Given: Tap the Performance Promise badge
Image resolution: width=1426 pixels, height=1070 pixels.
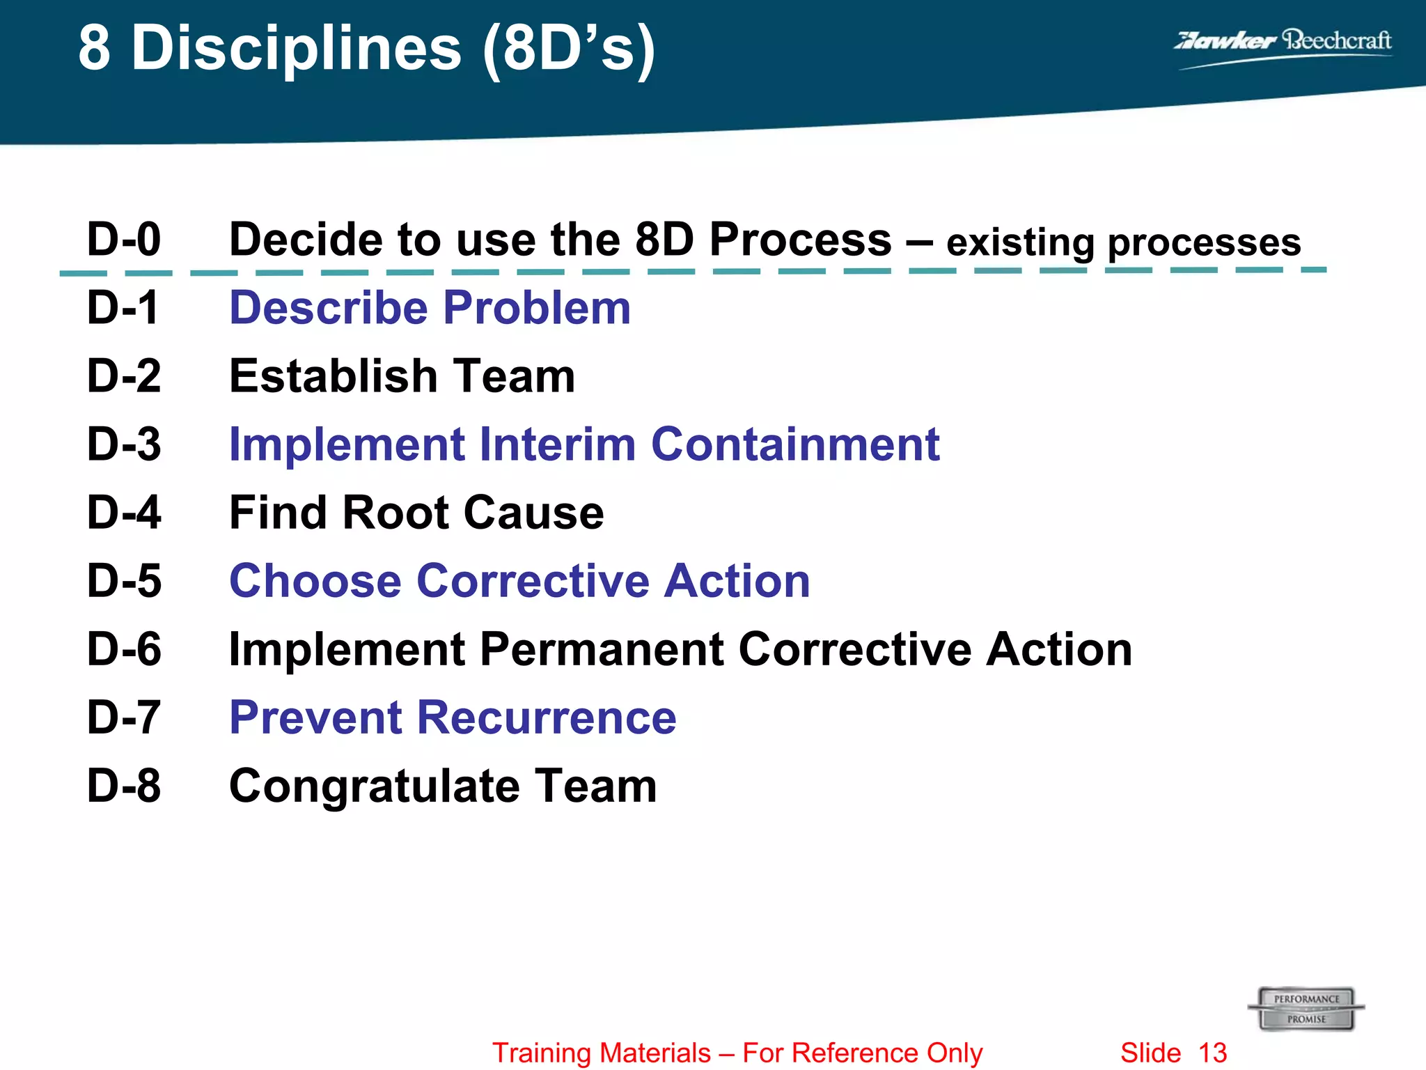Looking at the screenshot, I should click(x=1306, y=1009).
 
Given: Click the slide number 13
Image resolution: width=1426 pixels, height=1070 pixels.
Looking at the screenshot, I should click(x=1213, y=1053).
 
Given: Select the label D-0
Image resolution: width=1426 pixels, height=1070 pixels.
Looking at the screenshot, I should click(x=124, y=239).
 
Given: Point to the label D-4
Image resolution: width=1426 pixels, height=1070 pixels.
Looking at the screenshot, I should click(x=124, y=513).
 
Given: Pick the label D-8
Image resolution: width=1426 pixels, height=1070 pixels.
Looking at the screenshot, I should click(x=124, y=786).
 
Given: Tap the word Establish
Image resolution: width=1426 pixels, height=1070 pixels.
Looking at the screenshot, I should click(x=333, y=376).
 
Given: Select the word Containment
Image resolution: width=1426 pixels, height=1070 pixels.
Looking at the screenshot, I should click(x=795, y=444).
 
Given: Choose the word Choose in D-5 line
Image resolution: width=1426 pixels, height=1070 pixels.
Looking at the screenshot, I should click(x=315, y=581).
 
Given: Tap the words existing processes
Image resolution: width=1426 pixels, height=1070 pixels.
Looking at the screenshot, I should click(x=1123, y=243).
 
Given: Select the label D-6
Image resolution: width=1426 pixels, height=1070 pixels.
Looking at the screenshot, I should click(x=124, y=649).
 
